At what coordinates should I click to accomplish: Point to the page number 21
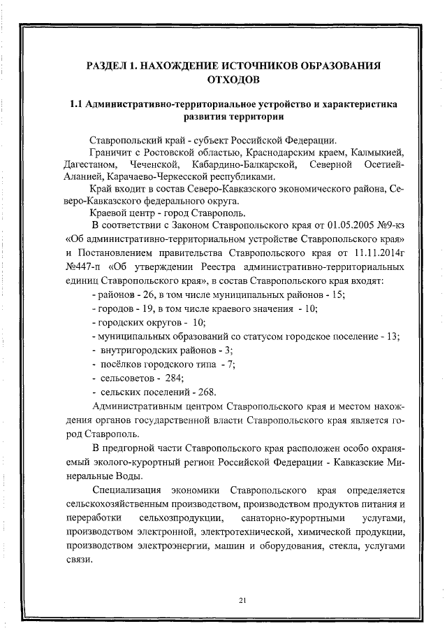(x=223, y=600)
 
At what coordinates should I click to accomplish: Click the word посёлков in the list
(x=123, y=364)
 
